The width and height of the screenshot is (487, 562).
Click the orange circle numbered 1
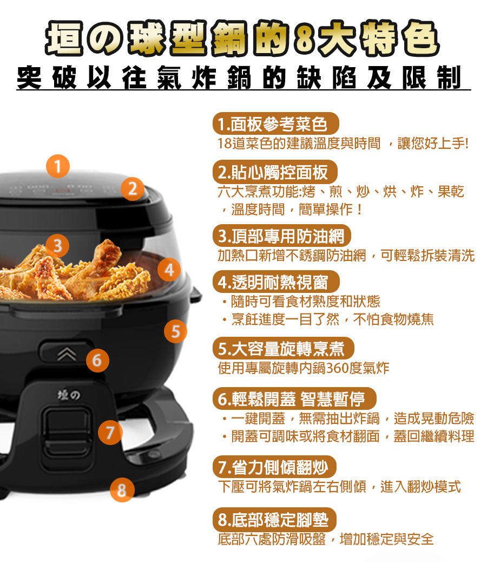58,166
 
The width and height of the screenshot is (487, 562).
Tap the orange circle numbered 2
132,189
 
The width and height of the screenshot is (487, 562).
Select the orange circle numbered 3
57,246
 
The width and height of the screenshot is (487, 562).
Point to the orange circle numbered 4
169,270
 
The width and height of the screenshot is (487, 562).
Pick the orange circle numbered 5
175,331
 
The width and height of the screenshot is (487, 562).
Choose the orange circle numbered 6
97,360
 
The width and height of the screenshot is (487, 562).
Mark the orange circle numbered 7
110,433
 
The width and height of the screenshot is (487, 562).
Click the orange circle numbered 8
122,490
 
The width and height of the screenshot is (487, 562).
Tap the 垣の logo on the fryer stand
69,395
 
